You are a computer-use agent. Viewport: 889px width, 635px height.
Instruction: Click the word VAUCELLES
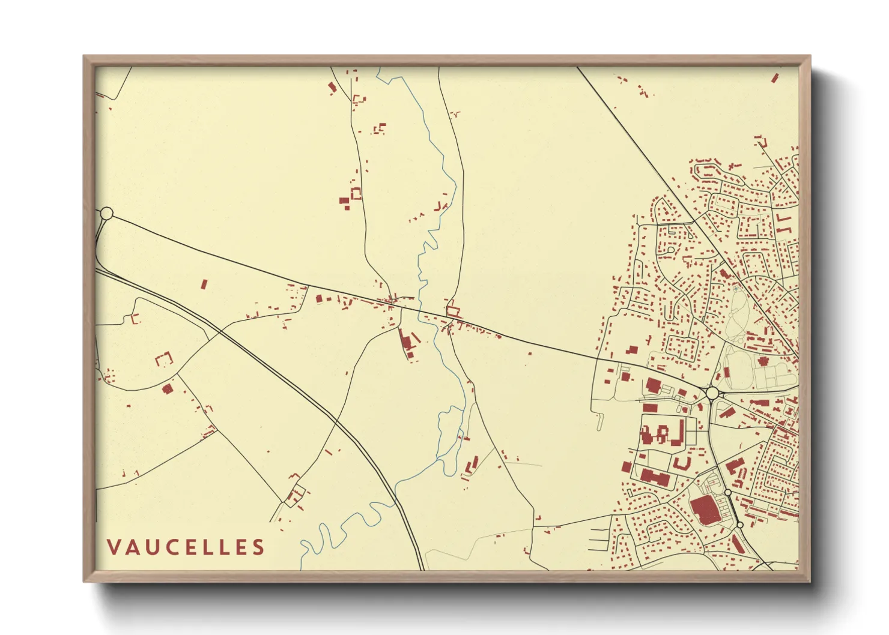(x=186, y=547)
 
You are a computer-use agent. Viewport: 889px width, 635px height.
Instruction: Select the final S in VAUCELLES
(x=258, y=547)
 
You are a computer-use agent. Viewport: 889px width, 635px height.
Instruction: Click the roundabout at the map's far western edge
(x=106, y=213)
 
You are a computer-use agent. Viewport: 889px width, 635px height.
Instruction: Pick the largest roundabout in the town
(x=712, y=393)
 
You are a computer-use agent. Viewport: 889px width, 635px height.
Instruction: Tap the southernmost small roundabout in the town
(x=740, y=525)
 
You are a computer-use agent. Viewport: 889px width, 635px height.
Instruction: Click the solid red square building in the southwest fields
(x=168, y=389)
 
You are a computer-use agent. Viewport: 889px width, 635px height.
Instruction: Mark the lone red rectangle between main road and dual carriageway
(x=204, y=284)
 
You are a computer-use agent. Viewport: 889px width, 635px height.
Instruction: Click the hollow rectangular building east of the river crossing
(x=454, y=311)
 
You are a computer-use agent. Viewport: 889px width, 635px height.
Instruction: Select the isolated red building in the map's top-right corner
(x=775, y=77)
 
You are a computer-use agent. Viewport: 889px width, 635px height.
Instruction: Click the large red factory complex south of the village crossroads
(x=407, y=343)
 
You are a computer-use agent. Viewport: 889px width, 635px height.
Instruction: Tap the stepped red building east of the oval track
(x=763, y=361)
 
